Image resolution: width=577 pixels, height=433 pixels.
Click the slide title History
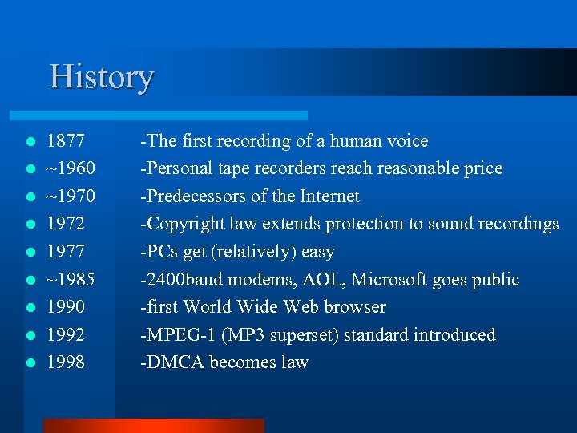click(x=101, y=78)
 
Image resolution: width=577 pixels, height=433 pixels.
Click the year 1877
click(x=67, y=141)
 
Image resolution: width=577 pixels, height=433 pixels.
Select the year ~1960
click(x=71, y=168)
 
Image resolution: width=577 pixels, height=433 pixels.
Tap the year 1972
click(x=67, y=224)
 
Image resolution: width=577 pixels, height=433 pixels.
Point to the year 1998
click(x=67, y=362)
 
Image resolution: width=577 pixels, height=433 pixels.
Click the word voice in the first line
click(x=407, y=141)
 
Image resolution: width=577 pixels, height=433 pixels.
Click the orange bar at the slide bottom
click(x=152, y=426)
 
